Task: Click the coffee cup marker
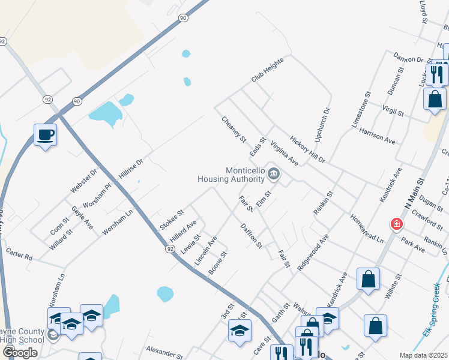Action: [45, 135]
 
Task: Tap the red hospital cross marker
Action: [396, 225]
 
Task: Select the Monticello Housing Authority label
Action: [237, 174]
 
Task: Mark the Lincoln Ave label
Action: [205, 250]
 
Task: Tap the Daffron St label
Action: [252, 235]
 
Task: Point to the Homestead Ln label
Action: [367, 228]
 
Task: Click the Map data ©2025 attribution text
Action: [424, 355]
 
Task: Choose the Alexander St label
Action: [163, 350]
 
